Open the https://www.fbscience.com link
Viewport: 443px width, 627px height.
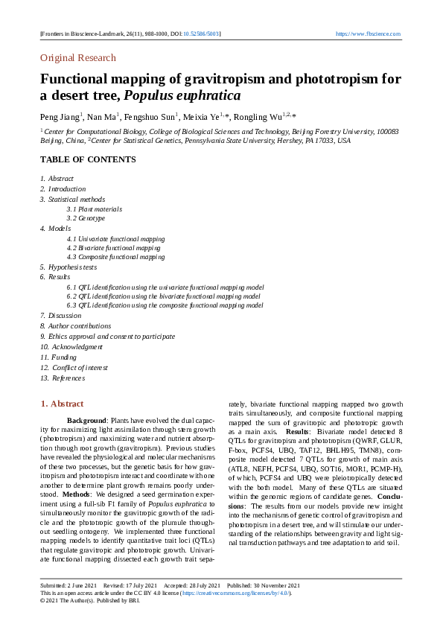point(368,34)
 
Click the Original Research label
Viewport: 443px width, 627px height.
point(78,57)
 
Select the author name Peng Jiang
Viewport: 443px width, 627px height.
point(59,117)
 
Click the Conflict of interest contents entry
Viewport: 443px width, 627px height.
point(80,367)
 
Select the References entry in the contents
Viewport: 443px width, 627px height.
point(68,378)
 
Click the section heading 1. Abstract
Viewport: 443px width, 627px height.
point(62,404)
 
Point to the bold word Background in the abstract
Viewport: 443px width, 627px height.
point(87,421)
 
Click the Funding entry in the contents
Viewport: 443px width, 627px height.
point(64,357)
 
